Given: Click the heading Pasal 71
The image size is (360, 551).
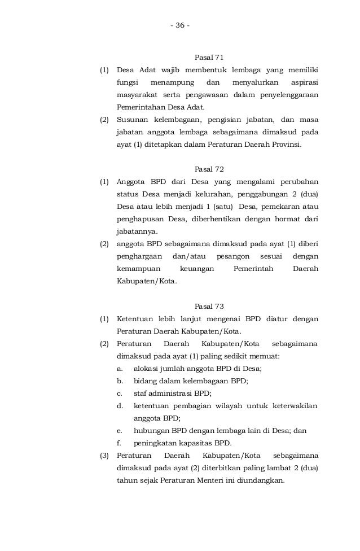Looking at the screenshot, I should coord(209,58).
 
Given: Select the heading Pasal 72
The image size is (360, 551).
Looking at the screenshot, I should coord(209,169).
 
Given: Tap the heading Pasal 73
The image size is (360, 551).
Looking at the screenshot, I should coord(209,307).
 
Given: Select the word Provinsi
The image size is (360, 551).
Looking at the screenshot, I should coord(287,144).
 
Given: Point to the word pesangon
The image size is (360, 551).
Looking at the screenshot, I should coord(232,256).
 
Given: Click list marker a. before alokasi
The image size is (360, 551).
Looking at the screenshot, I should coord(120,369).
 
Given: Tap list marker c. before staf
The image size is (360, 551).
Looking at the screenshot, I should coord(120,393).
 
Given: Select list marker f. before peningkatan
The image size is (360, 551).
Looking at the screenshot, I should coord(119,443).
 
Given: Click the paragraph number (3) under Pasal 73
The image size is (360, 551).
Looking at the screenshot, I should coord(104,456).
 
